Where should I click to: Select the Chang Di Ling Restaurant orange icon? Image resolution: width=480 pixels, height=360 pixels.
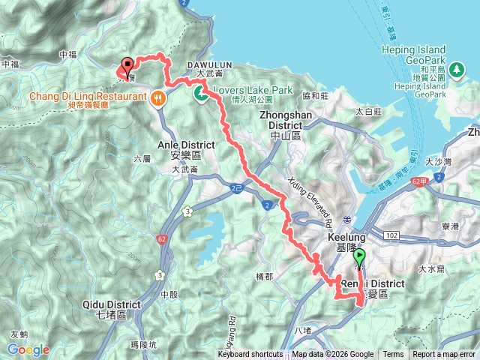pyautogui.click(x=157, y=97)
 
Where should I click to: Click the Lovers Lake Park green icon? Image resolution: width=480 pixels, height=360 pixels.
pyautogui.click(x=201, y=94)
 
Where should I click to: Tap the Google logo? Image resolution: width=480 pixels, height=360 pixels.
pyautogui.click(x=28, y=349)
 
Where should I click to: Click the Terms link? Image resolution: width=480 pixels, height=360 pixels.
pyautogui.click(x=393, y=355)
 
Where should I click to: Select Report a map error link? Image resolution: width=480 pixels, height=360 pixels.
pyautogui.click(x=445, y=355)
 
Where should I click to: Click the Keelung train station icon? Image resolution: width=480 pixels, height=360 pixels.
pyautogui.click(x=346, y=219)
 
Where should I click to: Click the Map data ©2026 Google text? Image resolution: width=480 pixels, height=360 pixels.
pyautogui.click(x=333, y=355)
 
